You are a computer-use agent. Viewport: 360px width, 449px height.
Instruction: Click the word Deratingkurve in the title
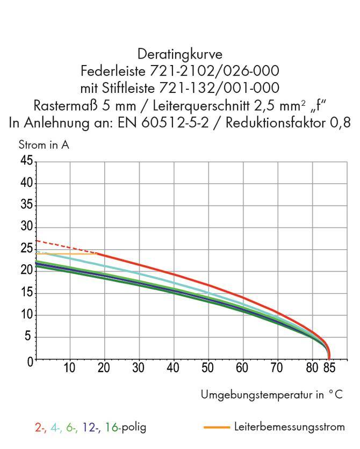[x=179, y=54]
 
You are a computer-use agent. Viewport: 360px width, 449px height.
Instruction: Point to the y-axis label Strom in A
[x=44, y=145]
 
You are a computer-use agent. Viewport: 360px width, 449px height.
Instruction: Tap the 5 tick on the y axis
[x=30, y=337]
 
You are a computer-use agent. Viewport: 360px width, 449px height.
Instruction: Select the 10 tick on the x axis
[x=69, y=368]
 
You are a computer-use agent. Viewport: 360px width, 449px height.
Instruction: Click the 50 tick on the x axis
[x=207, y=368]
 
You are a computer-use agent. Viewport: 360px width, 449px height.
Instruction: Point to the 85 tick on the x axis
[x=329, y=368]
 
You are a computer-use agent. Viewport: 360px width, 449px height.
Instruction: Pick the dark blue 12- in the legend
[x=92, y=428]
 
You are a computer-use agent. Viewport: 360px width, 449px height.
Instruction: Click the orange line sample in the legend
[x=217, y=428]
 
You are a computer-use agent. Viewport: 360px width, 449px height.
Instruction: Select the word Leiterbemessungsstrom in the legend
[x=289, y=428]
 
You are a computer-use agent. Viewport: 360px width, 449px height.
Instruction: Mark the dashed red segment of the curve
[x=64, y=246]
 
